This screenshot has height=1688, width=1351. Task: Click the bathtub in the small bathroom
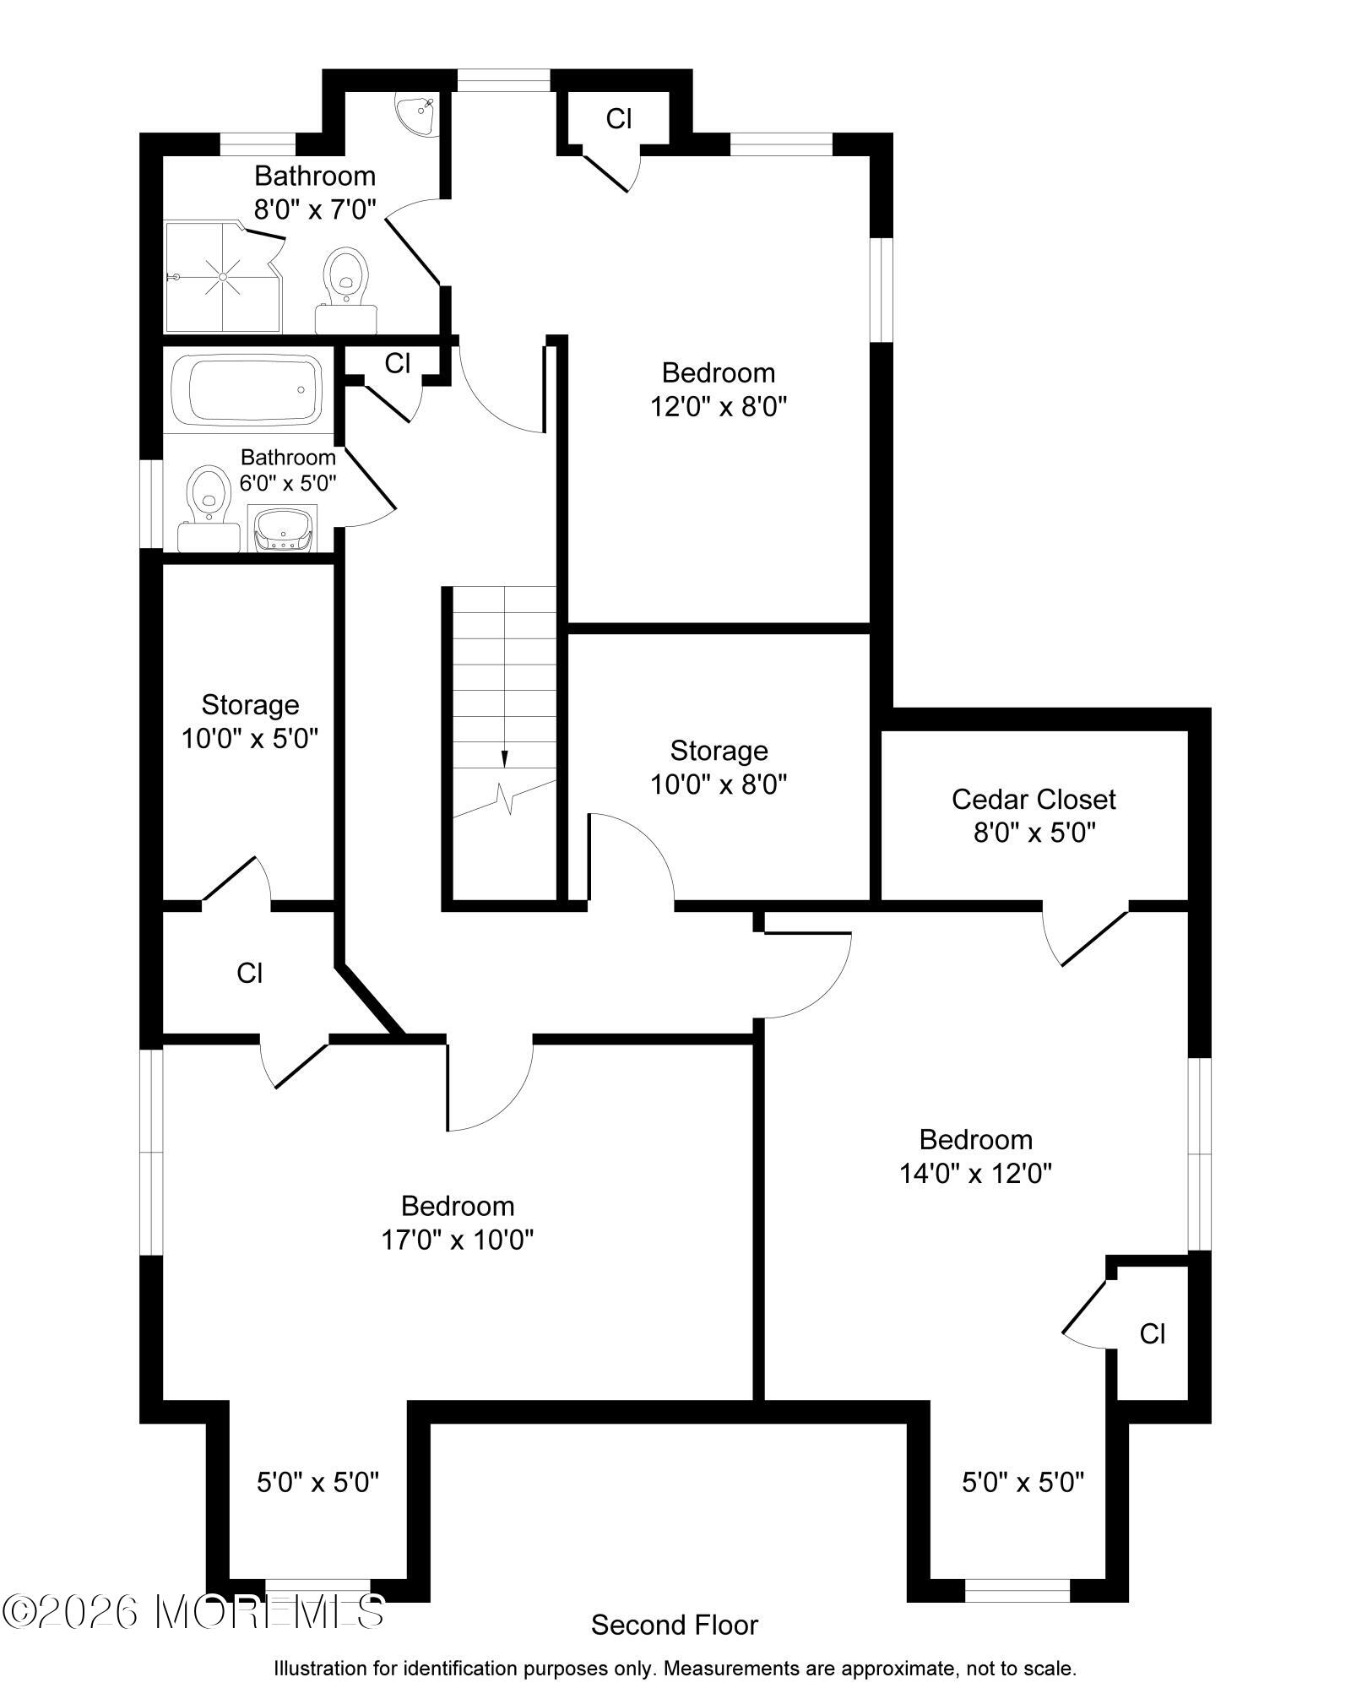[x=247, y=390]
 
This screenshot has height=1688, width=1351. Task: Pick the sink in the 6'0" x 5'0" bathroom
[x=283, y=529]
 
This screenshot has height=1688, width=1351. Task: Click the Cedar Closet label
[x=1034, y=799]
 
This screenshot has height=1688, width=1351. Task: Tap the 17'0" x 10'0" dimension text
[x=457, y=1240]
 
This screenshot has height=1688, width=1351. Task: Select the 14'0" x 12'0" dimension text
[x=975, y=1173]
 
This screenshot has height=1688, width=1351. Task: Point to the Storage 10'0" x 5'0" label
[x=250, y=722]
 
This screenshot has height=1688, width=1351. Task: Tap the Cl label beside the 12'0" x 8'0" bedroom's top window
[x=618, y=119]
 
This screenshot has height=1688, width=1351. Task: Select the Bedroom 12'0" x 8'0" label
[x=718, y=389]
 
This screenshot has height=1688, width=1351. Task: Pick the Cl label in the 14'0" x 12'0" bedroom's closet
[x=1152, y=1333]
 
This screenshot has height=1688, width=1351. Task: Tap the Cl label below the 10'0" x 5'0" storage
[x=249, y=973]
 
